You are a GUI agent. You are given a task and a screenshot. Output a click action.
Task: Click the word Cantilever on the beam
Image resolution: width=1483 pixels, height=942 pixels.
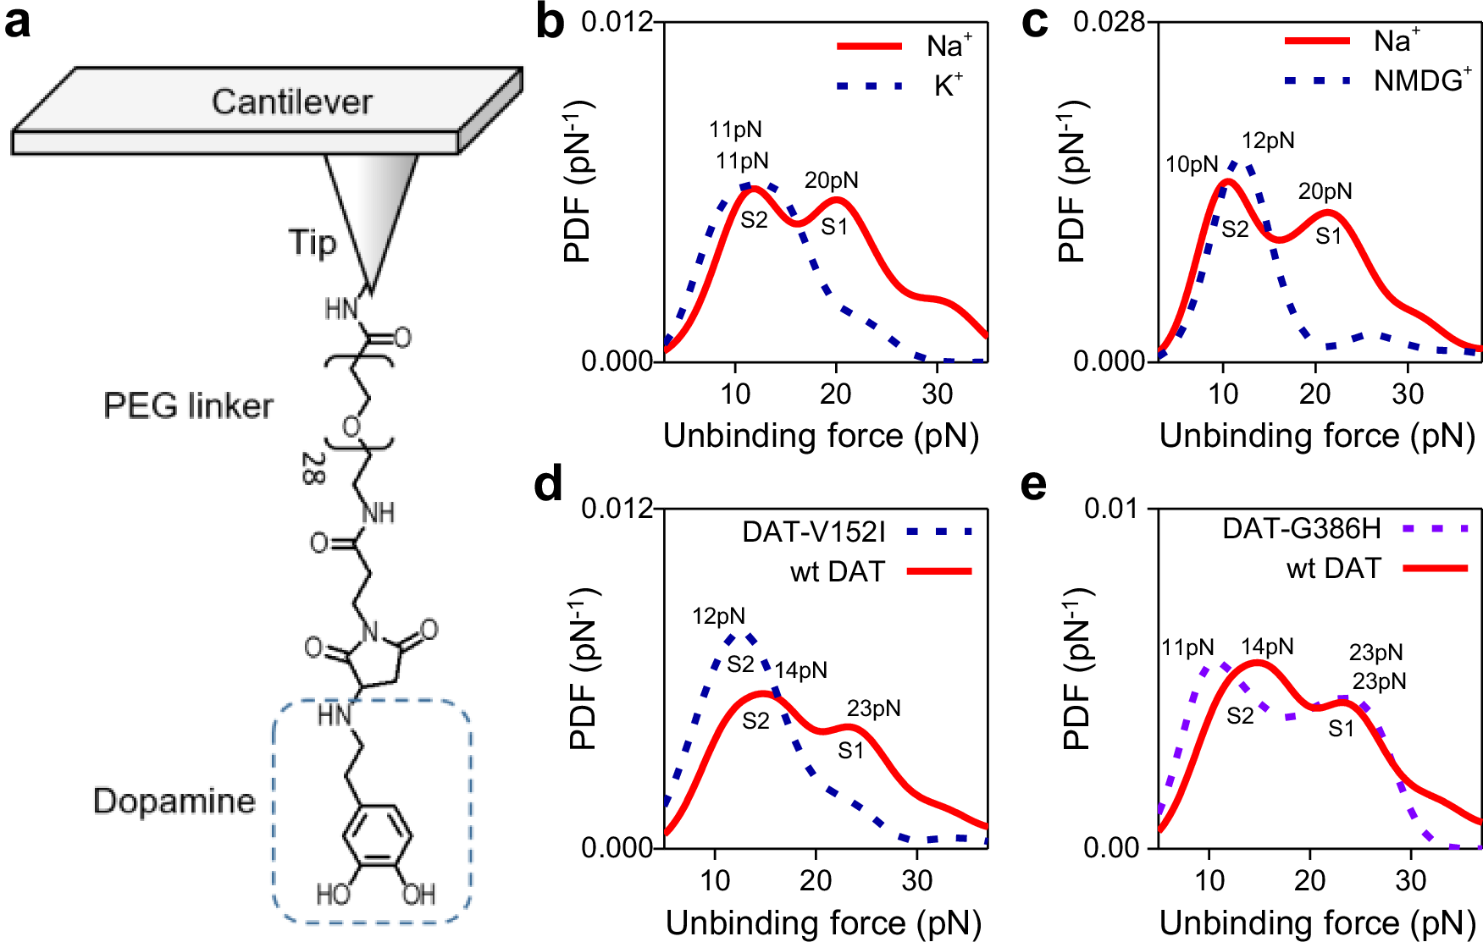point(291,102)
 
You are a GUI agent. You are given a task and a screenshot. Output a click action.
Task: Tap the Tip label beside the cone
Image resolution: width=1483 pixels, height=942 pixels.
point(313,242)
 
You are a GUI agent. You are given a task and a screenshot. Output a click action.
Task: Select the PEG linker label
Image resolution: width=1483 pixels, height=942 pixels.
point(188,406)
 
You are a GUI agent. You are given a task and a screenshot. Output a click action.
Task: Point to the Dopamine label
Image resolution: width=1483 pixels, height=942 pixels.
point(174,801)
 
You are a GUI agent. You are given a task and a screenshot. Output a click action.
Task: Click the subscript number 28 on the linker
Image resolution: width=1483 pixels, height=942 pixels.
point(313,468)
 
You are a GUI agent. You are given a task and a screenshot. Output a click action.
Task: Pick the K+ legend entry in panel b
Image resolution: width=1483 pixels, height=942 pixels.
point(948,85)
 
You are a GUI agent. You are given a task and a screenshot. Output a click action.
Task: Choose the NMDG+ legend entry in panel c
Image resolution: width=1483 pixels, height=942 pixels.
point(1421,80)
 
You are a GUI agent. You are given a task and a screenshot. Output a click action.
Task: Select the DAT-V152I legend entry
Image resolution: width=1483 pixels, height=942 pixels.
point(813,532)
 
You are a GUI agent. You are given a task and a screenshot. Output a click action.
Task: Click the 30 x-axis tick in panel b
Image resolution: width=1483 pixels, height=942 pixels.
point(937,394)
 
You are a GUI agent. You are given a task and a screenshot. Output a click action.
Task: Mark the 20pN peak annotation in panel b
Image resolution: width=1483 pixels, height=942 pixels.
point(831,180)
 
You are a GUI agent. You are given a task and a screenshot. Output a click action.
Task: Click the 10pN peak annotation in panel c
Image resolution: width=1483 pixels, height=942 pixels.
point(1192,164)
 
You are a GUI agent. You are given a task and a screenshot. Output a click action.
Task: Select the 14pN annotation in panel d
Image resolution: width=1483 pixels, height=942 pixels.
point(800,670)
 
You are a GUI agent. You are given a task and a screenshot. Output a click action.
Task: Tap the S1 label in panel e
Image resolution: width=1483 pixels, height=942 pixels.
point(1341,729)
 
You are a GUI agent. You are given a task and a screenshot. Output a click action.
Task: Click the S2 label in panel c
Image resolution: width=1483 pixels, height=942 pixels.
point(1235,229)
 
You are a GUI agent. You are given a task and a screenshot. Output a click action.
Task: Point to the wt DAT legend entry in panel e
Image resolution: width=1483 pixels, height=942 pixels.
point(1334,569)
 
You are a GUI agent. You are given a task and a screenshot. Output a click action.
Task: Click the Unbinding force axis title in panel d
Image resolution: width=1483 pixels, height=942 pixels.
point(822,923)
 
